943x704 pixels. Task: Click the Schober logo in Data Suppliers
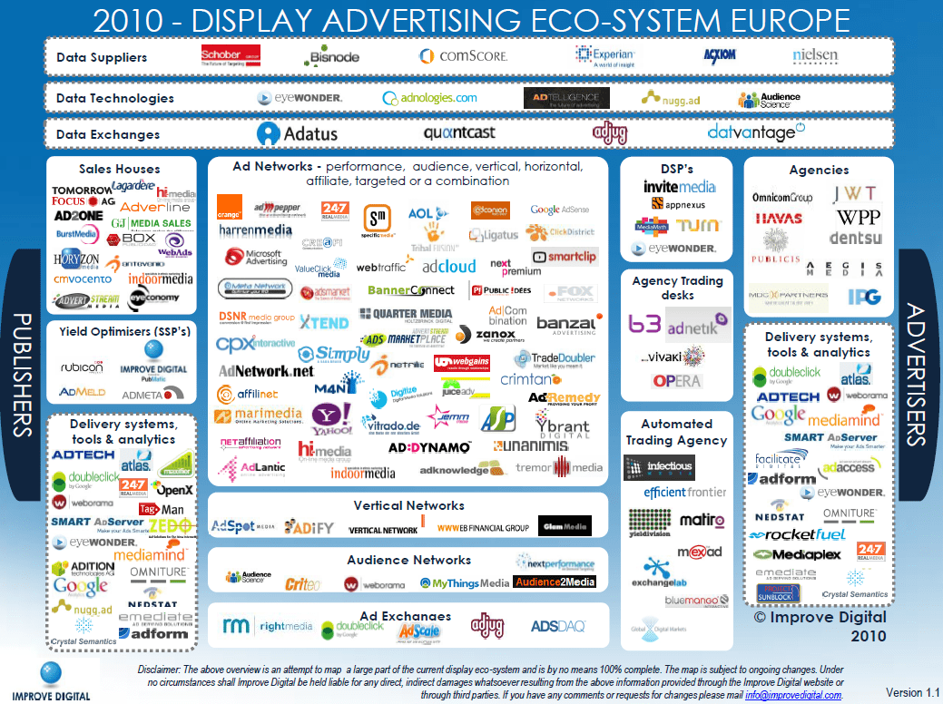point(231,56)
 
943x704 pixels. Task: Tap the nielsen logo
point(815,55)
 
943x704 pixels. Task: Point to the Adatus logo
point(297,133)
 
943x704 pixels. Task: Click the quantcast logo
point(459,133)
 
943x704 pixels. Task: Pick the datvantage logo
point(754,132)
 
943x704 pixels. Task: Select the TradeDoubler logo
point(557,359)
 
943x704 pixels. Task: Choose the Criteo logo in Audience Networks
point(302,583)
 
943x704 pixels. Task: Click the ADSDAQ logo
point(558,626)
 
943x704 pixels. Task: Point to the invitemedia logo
point(679,187)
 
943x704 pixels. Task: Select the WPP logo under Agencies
point(858,218)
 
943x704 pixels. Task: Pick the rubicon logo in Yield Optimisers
point(83,367)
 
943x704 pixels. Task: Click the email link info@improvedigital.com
point(796,695)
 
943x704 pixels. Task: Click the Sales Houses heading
point(119,169)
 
